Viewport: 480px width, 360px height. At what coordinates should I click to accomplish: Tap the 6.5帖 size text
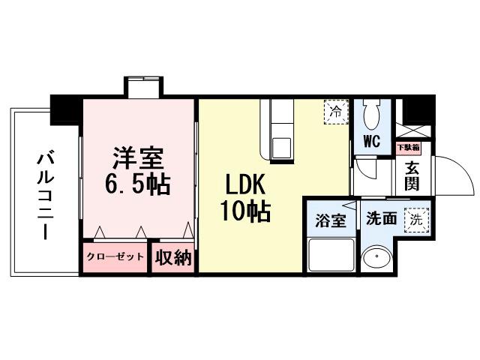tap(139, 182)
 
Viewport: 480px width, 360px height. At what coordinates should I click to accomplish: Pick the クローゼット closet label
tap(114, 257)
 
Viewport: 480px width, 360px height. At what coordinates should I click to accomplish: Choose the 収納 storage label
tap(173, 257)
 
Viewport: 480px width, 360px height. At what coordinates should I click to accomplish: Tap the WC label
tap(371, 141)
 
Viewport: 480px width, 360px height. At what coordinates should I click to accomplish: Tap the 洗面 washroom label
tap(380, 219)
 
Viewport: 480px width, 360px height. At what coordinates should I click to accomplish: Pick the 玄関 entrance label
tap(412, 176)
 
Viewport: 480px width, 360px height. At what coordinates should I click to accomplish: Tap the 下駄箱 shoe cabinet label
tap(409, 148)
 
